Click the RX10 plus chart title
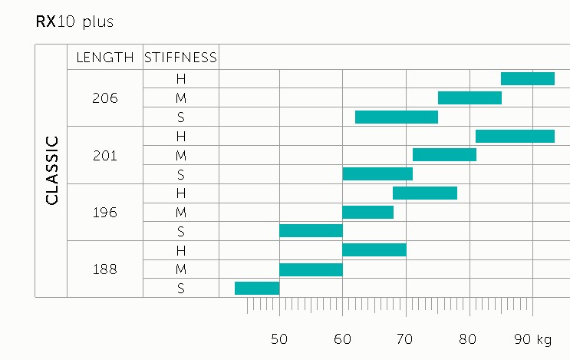pyautogui.click(x=74, y=21)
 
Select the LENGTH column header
pyautogui.click(x=105, y=58)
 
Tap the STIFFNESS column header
pyautogui.click(x=181, y=58)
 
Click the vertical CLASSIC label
pyautogui.click(x=52, y=170)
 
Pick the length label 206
pyautogui.click(x=105, y=98)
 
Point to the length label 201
pyautogui.click(x=105, y=156)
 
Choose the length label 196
pyautogui.click(x=105, y=213)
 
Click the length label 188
pyautogui.click(x=105, y=269)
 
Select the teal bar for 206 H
pyautogui.click(x=528, y=78)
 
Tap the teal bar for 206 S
pyautogui.click(x=397, y=117)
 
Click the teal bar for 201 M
pyautogui.click(x=445, y=154)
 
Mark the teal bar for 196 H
pyautogui.click(x=425, y=193)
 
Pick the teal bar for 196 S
pyautogui.click(x=311, y=231)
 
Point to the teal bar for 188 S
pyautogui.click(x=257, y=288)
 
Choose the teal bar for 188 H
pyautogui.click(x=374, y=249)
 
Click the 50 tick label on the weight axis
pyautogui.click(x=279, y=339)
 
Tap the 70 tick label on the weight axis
pyautogui.click(x=404, y=339)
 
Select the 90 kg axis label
pyautogui.click(x=533, y=339)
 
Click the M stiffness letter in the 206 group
pyautogui.click(x=181, y=98)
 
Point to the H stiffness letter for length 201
pyautogui.click(x=181, y=137)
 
